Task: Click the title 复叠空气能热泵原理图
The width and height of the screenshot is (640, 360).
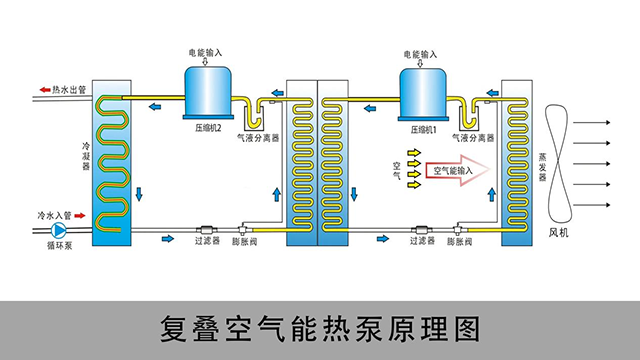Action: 320,327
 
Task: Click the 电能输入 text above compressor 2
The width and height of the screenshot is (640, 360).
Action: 206,51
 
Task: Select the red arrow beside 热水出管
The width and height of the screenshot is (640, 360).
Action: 44,89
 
